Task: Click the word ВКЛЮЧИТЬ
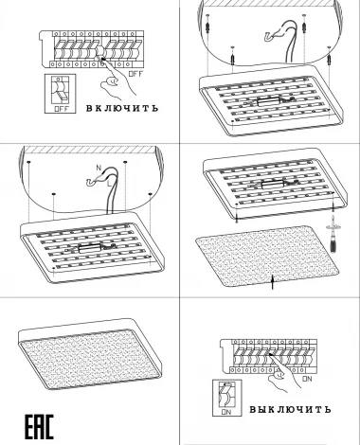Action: point(122,108)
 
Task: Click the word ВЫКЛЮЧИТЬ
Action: point(290,409)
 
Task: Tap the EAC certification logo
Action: point(39,427)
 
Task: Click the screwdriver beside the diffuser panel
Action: point(333,234)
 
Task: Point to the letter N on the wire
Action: point(99,168)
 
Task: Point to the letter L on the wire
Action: point(109,184)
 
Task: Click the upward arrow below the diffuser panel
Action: point(273,282)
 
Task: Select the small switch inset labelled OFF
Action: point(61,94)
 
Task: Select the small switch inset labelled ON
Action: point(226,398)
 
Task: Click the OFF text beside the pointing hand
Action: point(135,74)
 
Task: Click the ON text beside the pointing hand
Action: point(307,379)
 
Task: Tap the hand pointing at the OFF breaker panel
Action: point(117,78)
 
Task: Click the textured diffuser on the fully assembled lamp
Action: point(90,360)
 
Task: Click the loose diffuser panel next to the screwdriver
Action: point(267,256)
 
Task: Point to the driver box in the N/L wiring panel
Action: point(90,248)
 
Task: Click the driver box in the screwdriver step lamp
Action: point(273,185)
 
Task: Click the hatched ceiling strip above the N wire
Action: point(91,151)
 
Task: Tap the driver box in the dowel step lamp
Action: point(269,101)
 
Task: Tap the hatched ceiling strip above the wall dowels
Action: point(267,3)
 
